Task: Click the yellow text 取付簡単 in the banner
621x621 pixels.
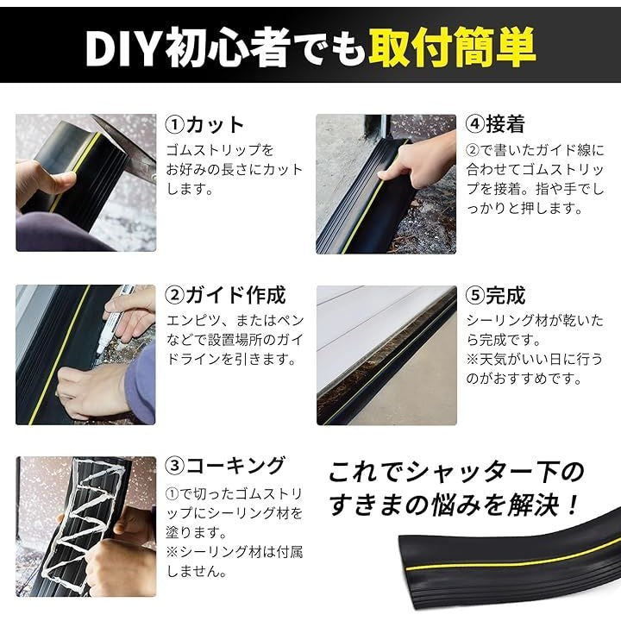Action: [x=452, y=47]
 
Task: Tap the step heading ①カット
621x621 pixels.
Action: [x=204, y=125]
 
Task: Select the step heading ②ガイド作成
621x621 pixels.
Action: [x=225, y=296]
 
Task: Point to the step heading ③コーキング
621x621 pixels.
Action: [x=225, y=466]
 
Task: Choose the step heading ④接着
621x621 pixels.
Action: [x=495, y=124]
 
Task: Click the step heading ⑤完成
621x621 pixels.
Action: [x=495, y=296]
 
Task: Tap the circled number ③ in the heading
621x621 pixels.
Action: [x=174, y=466]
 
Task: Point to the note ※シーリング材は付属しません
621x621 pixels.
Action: [x=234, y=561]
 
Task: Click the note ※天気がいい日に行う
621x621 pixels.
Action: [x=534, y=360]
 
